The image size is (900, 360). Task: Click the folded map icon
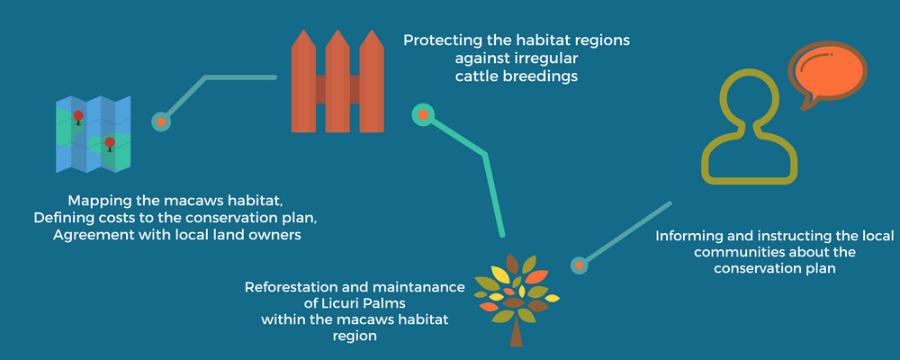94,134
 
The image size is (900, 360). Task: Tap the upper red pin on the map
78,117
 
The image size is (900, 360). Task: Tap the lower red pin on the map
110,143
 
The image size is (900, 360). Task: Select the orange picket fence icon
337,81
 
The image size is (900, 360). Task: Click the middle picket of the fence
337,81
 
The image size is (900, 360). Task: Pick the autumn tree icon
517,299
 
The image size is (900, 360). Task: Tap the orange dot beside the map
161,121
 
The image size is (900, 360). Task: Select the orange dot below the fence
423,115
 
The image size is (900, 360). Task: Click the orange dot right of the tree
579,265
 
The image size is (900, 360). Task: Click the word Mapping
94,202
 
